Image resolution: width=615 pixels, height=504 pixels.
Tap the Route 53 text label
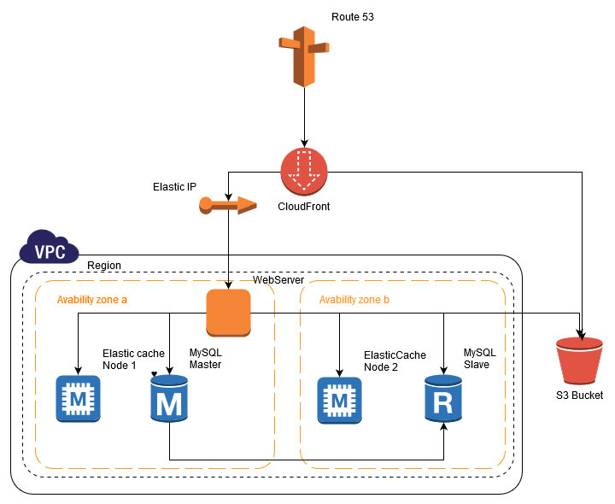point(352,17)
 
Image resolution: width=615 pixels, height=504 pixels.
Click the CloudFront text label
point(304,207)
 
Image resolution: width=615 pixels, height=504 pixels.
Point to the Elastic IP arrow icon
point(227,204)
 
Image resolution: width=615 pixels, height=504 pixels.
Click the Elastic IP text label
point(174,186)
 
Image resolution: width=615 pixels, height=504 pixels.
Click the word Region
point(104,266)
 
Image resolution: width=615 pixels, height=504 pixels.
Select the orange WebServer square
point(228,313)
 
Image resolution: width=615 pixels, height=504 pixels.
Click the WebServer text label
point(278,281)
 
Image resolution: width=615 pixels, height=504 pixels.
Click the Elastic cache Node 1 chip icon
point(78,399)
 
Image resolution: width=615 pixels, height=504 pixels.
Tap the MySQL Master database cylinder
point(169,399)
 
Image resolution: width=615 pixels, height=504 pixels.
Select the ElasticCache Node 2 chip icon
point(340,399)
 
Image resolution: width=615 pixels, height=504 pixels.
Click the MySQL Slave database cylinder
point(444,399)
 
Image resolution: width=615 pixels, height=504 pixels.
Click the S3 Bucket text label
point(579,396)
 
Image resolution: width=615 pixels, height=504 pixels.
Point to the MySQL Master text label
point(205,358)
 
